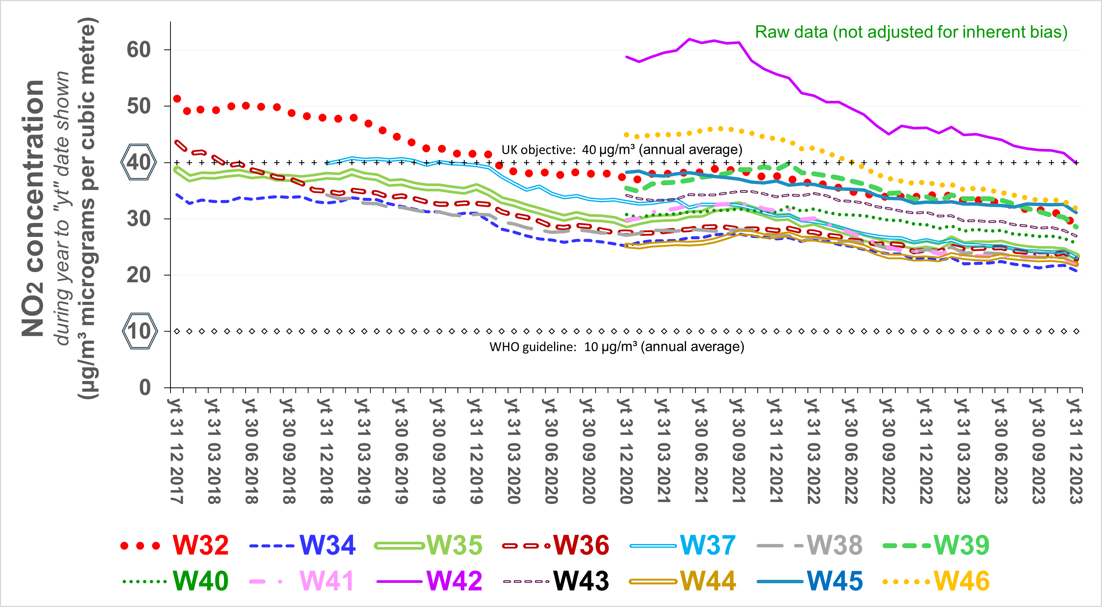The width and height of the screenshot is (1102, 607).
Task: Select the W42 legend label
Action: [x=454, y=581]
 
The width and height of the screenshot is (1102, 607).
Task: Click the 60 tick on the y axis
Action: [x=139, y=50]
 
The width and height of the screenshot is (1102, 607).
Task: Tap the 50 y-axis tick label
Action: [x=139, y=106]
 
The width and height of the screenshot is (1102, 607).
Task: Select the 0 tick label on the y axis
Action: [x=144, y=387]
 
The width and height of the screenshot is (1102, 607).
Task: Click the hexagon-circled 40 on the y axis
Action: [x=139, y=162]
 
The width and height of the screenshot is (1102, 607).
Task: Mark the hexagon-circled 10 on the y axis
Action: [x=140, y=331]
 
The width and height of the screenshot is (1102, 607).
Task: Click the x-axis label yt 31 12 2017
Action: [x=176, y=451]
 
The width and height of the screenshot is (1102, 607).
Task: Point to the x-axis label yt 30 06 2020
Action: [x=551, y=451]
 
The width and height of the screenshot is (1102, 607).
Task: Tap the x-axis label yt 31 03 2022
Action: [x=813, y=451]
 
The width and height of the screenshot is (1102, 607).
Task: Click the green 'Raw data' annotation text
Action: [x=911, y=32]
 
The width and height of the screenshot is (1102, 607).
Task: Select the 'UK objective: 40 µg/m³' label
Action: [x=622, y=150]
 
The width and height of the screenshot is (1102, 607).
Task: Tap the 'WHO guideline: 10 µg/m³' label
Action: [x=617, y=346]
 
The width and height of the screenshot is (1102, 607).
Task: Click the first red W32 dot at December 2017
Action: [x=177, y=99]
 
